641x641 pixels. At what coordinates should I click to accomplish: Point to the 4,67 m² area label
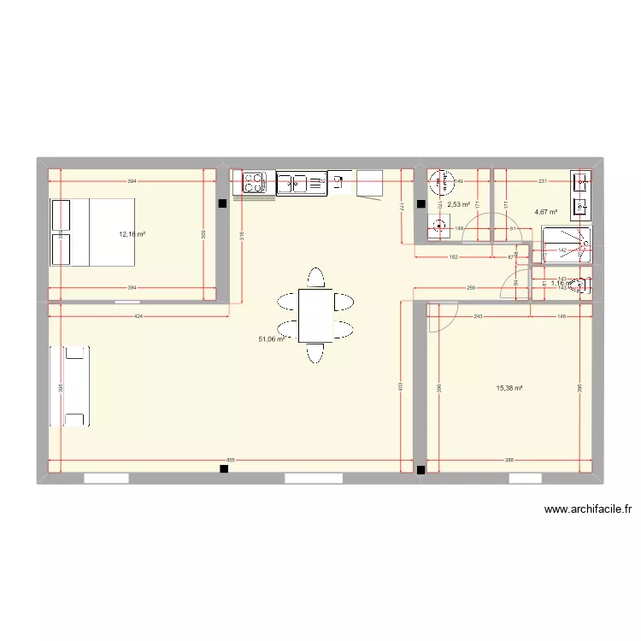click(x=546, y=212)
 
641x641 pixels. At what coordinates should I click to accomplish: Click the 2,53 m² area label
click(x=459, y=204)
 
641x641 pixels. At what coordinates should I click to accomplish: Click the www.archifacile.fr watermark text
click(x=587, y=510)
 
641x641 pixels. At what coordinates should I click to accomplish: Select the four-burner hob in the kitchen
click(x=254, y=182)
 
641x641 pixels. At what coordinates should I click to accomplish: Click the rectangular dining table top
click(x=315, y=315)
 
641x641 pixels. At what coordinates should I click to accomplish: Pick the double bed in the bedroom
click(x=93, y=232)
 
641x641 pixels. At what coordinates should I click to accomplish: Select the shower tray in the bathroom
click(x=567, y=244)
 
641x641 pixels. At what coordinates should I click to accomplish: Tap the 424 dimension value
click(x=138, y=316)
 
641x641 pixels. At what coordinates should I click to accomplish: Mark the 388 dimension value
click(x=509, y=461)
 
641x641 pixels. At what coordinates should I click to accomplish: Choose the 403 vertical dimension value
click(x=399, y=385)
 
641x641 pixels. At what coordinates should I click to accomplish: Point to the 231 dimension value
click(x=542, y=181)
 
